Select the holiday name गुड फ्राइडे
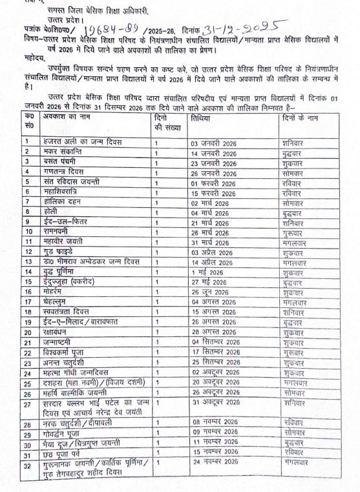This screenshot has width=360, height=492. pyautogui.click(x=61, y=252)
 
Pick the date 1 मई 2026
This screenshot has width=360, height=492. pyautogui.click(x=207, y=271)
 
